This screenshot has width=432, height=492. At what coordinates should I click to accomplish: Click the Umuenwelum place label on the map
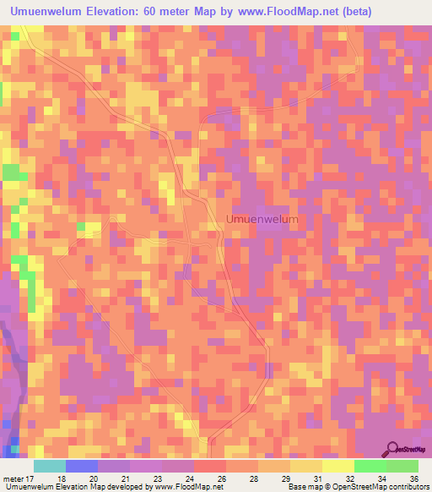[262, 219]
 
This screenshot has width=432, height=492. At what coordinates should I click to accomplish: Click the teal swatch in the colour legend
[50, 466]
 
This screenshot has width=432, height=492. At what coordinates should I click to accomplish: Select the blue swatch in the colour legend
[82, 466]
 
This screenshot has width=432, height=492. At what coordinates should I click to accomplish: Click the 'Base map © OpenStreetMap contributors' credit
[357, 487]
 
